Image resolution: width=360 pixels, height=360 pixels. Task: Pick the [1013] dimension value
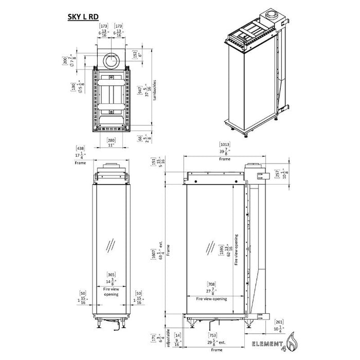(224, 145)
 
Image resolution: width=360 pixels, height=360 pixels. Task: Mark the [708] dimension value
(211, 284)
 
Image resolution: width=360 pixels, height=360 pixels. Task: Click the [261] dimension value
(278, 320)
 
